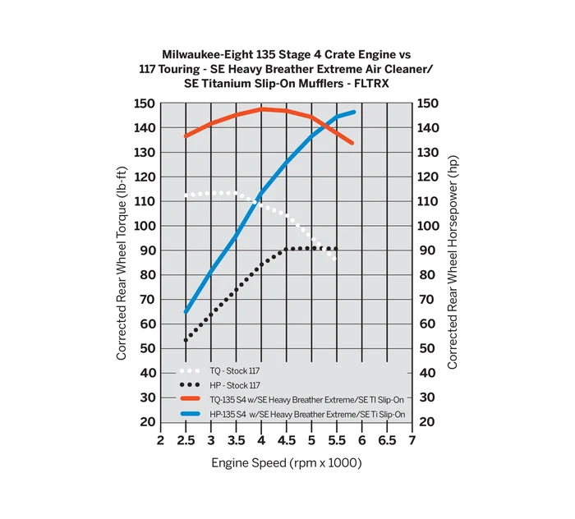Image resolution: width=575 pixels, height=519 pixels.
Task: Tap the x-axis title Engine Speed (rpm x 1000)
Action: click(286, 463)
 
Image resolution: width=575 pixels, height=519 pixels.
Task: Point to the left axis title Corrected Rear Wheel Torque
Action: click(122, 263)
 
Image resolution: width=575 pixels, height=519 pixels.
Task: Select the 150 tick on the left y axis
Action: click(144, 103)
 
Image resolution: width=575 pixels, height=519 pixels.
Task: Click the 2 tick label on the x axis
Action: click(161, 441)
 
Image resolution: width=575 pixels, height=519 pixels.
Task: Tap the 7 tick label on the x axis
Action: click(412, 441)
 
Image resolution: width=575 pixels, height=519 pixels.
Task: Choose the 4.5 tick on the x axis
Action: click(285, 441)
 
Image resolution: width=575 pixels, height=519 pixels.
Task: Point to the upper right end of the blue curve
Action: click(354, 112)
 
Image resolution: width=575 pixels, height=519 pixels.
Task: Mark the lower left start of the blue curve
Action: click(186, 311)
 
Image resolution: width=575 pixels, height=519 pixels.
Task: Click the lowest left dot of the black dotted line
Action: click(186, 340)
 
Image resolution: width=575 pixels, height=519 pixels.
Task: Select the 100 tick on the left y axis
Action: click(144, 226)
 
